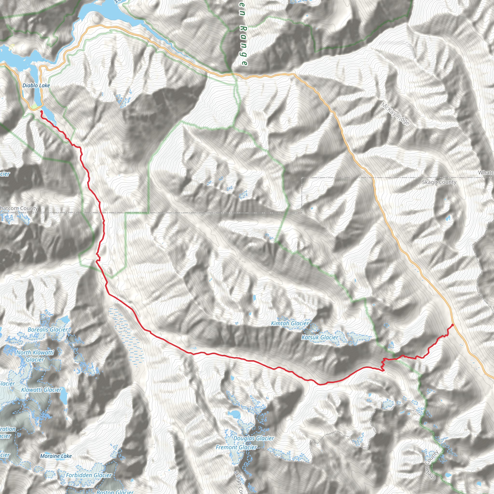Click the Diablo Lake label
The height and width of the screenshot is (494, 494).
36,85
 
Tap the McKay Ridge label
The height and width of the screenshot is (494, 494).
395,114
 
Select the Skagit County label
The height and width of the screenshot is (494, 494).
439,182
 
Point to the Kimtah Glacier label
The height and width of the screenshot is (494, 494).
290,323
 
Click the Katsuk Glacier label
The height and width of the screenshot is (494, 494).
320,337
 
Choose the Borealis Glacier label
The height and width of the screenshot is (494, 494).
48,329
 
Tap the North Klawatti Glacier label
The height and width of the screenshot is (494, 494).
35,356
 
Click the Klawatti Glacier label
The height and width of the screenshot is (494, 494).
41,390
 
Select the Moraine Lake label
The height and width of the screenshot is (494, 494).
56,456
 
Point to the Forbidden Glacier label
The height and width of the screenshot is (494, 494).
89,475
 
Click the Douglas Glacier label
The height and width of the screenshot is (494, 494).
254,438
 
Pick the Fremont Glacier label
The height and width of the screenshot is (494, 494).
236,447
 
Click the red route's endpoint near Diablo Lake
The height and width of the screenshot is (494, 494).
41,111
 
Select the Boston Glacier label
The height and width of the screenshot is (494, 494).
115,491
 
